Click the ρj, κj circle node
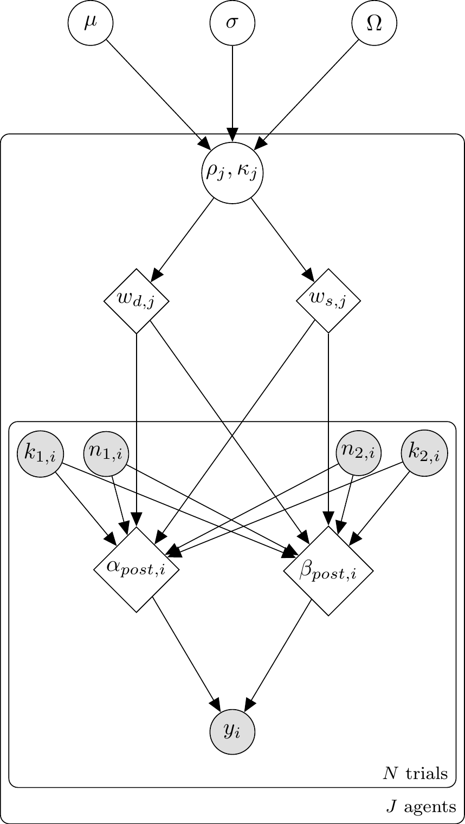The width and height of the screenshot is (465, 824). (232, 173)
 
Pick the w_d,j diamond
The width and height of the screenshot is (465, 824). (137, 301)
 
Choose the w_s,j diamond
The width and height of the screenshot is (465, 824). (328, 301)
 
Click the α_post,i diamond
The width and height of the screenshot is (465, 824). (137, 569)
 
